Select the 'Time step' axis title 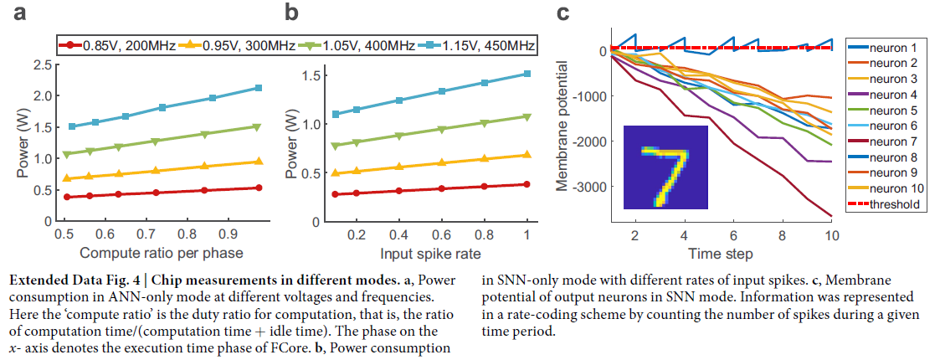[x=720, y=253]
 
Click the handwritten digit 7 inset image [x=665, y=167]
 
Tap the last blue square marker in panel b [x=527, y=74]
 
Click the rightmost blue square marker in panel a [x=259, y=88]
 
